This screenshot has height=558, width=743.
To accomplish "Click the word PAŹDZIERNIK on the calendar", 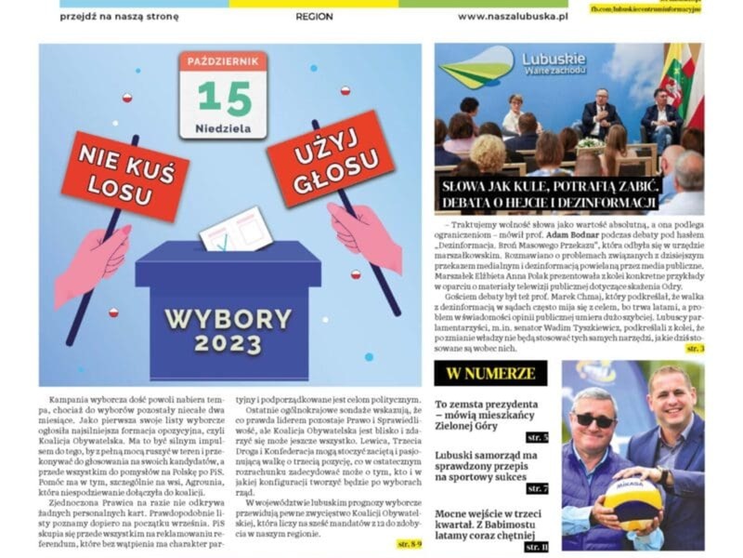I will (223, 62).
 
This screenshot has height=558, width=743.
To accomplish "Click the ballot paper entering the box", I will (235, 230).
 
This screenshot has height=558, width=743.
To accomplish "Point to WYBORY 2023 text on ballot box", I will (228, 330).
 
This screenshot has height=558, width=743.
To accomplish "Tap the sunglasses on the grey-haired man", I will (594, 419).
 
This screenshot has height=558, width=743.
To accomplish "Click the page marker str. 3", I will (695, 348).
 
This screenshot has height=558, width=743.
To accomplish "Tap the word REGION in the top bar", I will (314, 17).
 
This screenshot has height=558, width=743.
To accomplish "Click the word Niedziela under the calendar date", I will (223, 126).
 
